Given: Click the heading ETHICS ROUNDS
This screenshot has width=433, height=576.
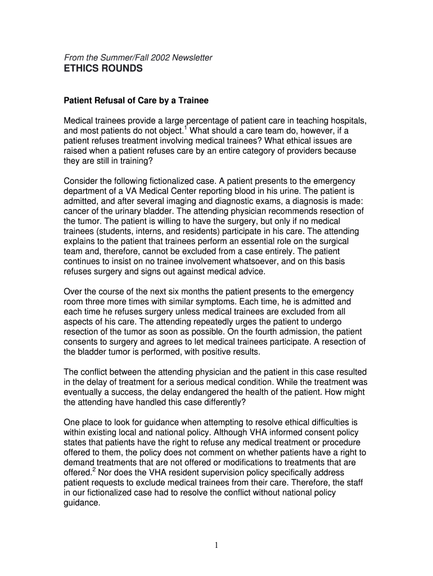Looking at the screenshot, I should click(103, 69).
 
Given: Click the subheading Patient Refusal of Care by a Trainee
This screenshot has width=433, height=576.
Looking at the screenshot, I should click(136, 101).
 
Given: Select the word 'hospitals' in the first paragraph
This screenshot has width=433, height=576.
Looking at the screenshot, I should click(350, 121).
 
